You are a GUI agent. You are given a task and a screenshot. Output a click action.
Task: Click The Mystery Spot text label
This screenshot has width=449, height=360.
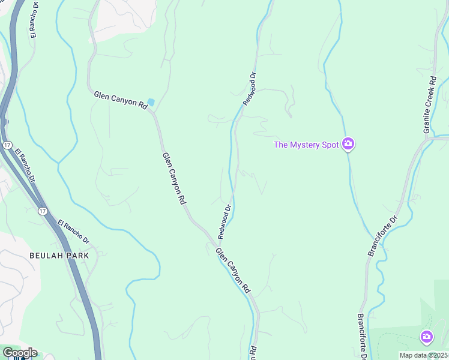coord(306,145)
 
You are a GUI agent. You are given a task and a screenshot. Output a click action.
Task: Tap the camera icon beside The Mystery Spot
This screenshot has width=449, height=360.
coord(348,144)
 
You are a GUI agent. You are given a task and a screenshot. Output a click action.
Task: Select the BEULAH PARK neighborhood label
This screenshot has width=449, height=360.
coord(59,256)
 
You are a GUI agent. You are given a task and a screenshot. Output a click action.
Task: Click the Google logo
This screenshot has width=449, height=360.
coord(19,353)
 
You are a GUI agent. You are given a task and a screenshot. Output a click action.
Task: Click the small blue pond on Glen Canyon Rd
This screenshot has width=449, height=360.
coord(151,103)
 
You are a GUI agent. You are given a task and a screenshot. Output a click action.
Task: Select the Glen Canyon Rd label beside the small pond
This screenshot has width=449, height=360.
coord(121,100)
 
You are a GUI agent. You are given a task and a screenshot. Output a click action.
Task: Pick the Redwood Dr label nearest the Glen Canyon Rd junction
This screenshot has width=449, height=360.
coord(225,220)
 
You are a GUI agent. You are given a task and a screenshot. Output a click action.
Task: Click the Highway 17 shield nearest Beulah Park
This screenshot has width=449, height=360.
coord(42,211)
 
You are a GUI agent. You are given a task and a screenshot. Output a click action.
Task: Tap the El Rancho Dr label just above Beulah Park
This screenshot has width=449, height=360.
coord(73,232)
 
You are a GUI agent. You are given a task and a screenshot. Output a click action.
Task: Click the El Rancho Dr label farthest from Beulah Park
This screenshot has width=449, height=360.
coord(33,21)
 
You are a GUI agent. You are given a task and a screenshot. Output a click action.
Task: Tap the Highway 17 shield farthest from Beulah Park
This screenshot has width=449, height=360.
coord(6,145)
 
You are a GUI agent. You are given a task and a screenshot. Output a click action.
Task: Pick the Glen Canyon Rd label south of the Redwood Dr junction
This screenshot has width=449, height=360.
coord(233,271)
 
